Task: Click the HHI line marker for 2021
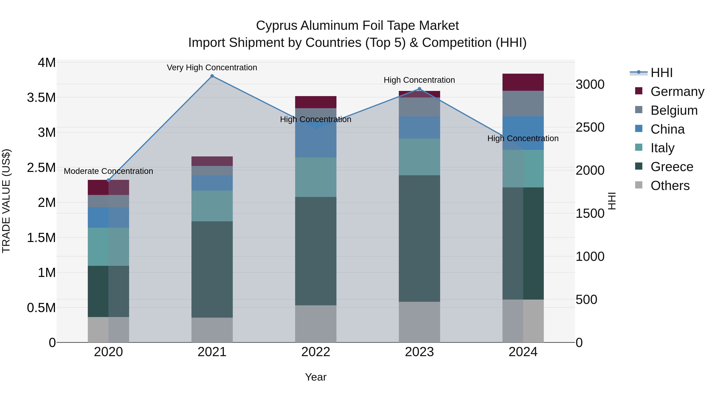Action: pos(212,76)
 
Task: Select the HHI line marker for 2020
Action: pos(108,180)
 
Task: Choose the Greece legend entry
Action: pos(672,167)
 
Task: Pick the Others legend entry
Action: pos(670,186)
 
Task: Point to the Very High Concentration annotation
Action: pos(212,67)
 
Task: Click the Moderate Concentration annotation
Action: pos(108,171)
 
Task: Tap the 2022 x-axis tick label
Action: pos(316,352)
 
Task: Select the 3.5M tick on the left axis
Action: pos(41,98)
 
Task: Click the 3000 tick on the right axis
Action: pos(590,84)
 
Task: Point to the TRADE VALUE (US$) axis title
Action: pos(6,201)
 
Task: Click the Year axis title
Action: pos(316,377)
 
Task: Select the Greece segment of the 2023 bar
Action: pos(419,239)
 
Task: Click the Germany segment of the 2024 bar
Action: pos(523,82)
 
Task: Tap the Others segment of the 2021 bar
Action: pos(212,330)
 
